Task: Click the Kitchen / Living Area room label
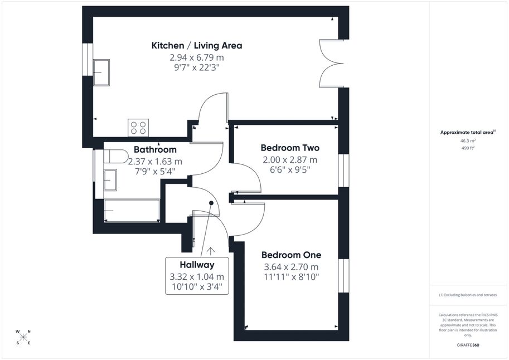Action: click(x=197, y=46)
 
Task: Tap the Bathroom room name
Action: click(x=155, y=150)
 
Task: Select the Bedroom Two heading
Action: click(x=290, y=148)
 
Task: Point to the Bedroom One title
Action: click(x=292, y=255)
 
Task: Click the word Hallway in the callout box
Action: click(x=197, y=265)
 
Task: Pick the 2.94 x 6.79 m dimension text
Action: click(x=197, y=57)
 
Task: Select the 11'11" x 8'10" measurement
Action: click(x=292, y=277)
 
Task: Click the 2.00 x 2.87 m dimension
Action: click(x=290, y=160)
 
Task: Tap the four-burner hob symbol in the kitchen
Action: click(x=138, y=128)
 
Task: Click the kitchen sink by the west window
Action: click(x=101, y=72)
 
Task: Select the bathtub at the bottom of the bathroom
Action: click(x=132, y=211)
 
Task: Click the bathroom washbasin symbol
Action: click(x=110, y=180)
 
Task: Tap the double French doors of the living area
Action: click(x=331, y=64)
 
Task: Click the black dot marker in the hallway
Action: click(x=211, y=203)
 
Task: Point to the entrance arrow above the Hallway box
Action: click(x=211, y=251)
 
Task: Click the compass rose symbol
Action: click(x=23, y=337)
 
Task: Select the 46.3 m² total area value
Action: click(x=468, y=141)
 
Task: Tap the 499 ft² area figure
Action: click(x=468, y=148)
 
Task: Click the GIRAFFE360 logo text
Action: click(x=468, y=345)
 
